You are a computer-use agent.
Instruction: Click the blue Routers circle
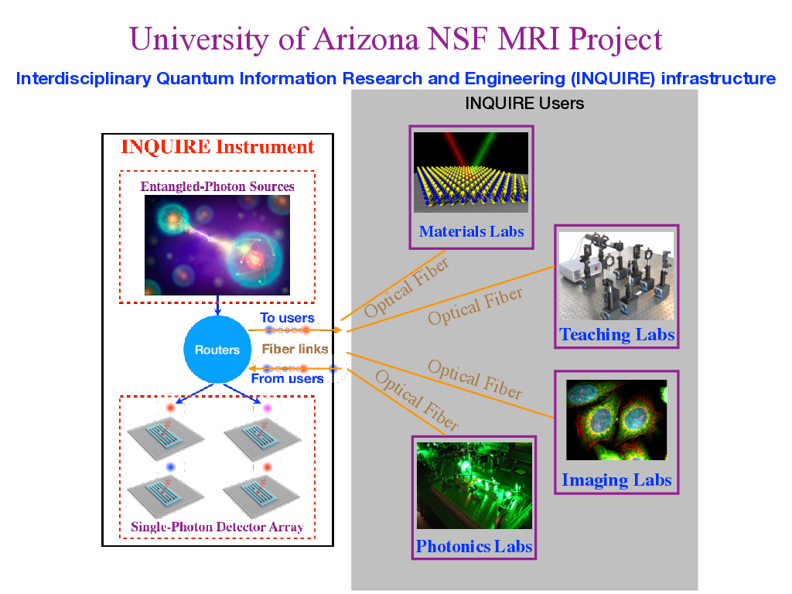[217, 350]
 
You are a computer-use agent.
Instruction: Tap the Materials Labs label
[471, 231]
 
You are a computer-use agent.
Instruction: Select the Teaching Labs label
[616, 334]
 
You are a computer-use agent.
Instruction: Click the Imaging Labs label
[616, 480]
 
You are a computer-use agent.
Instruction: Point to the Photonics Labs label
[474, 546]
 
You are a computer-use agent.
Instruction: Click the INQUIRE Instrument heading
[217, 147]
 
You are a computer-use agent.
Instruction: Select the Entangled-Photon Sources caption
[217, 186]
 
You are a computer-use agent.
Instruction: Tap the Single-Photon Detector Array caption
[217, 527]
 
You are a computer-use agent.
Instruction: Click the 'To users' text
[287, 318]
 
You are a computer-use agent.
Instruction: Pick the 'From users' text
[287, 378]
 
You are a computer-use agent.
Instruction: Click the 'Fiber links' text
[295, 349]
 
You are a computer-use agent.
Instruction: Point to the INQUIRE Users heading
[524, 103]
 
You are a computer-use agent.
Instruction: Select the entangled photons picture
[217, 244]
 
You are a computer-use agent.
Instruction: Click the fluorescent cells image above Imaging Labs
[616, 420]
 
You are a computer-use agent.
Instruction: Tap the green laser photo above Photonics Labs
[474, 485]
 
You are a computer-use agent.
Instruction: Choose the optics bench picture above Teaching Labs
[616, 275]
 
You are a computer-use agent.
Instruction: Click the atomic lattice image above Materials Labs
[471, 172]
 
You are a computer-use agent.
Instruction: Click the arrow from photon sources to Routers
[218, 305]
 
